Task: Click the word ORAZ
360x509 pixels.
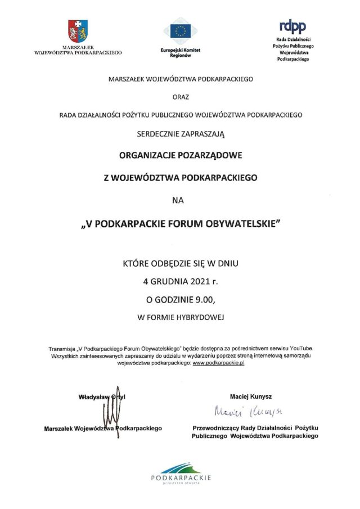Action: pyautogui.click(x=181, y=97)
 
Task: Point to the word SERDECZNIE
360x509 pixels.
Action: pyautogui.click(x=161, y=133)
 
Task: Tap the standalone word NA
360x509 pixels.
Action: pyautogui.click(x=181, y=199)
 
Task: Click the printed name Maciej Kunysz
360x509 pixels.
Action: pyautogui.click(x=251, y=397)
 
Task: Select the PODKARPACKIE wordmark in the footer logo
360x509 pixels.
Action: pyautogui.click(x=181, y=478)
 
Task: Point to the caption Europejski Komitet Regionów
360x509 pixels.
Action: pyautogui.click(x=180, y=52)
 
